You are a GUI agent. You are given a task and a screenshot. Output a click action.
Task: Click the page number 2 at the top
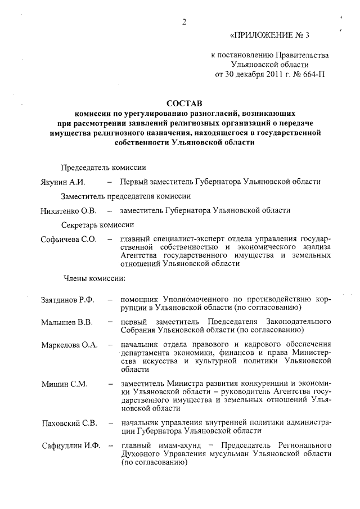184,22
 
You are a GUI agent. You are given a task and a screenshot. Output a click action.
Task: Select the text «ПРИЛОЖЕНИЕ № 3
270,35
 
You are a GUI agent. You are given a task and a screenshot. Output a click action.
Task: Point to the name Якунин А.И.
62,182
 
